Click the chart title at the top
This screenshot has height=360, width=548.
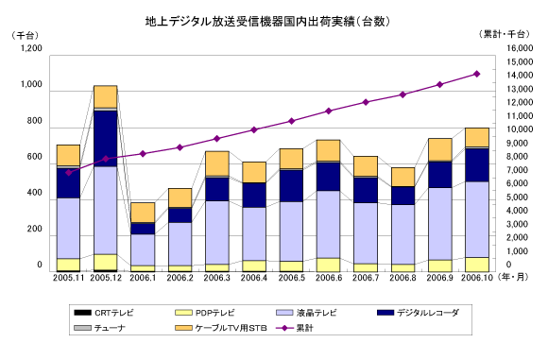(267, 22)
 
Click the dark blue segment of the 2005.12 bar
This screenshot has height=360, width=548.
(106, 138)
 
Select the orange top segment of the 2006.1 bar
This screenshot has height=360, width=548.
(143, 213)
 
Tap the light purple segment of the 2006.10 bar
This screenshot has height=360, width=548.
(477, 219)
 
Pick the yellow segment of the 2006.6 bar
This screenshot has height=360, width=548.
(329, 265)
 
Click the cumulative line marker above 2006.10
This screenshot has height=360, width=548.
(477, 74)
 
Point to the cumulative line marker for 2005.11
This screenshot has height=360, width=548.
(68, 173)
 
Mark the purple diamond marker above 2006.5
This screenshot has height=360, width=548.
(291, 121)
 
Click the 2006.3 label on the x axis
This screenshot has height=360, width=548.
(217, 278)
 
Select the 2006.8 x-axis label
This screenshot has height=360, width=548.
(402, 278)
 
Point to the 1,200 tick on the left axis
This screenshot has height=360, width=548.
(31, 48)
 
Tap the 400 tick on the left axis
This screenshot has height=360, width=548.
(34, 193)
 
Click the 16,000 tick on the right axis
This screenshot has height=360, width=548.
(520, 48)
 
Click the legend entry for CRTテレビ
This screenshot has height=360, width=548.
(104, 313)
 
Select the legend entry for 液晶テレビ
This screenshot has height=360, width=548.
(306, 313)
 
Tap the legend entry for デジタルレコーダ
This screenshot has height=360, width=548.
(418, 313)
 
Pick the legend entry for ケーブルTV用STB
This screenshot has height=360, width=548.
(221, 328)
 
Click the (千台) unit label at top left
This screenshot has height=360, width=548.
(25, 35)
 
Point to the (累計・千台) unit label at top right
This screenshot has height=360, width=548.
(505, 34)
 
